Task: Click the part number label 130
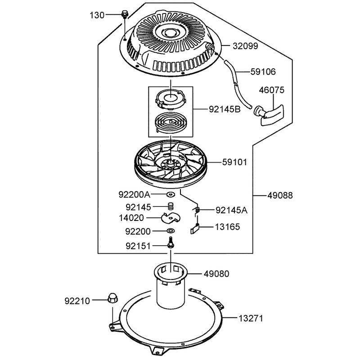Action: (x=97, y=15)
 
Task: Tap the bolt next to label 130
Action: (x=125, y=14)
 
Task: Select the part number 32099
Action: (x=245, y=46)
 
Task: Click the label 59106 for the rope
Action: (x=263, y=72)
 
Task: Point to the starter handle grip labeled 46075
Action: (x=269, y=114)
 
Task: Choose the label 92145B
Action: (x=225, y=109)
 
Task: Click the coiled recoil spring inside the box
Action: (x=171, y=122)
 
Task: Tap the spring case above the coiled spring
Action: (x=171, y=99)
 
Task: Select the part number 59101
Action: (x=234, y=162)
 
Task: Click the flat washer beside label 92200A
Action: (x=171, y=194)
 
